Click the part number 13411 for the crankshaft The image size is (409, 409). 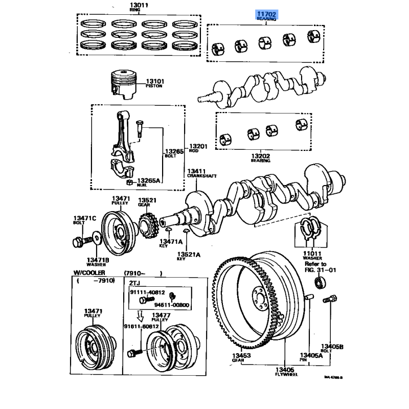point(195,171)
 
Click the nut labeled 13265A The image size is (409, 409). point(130,182)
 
